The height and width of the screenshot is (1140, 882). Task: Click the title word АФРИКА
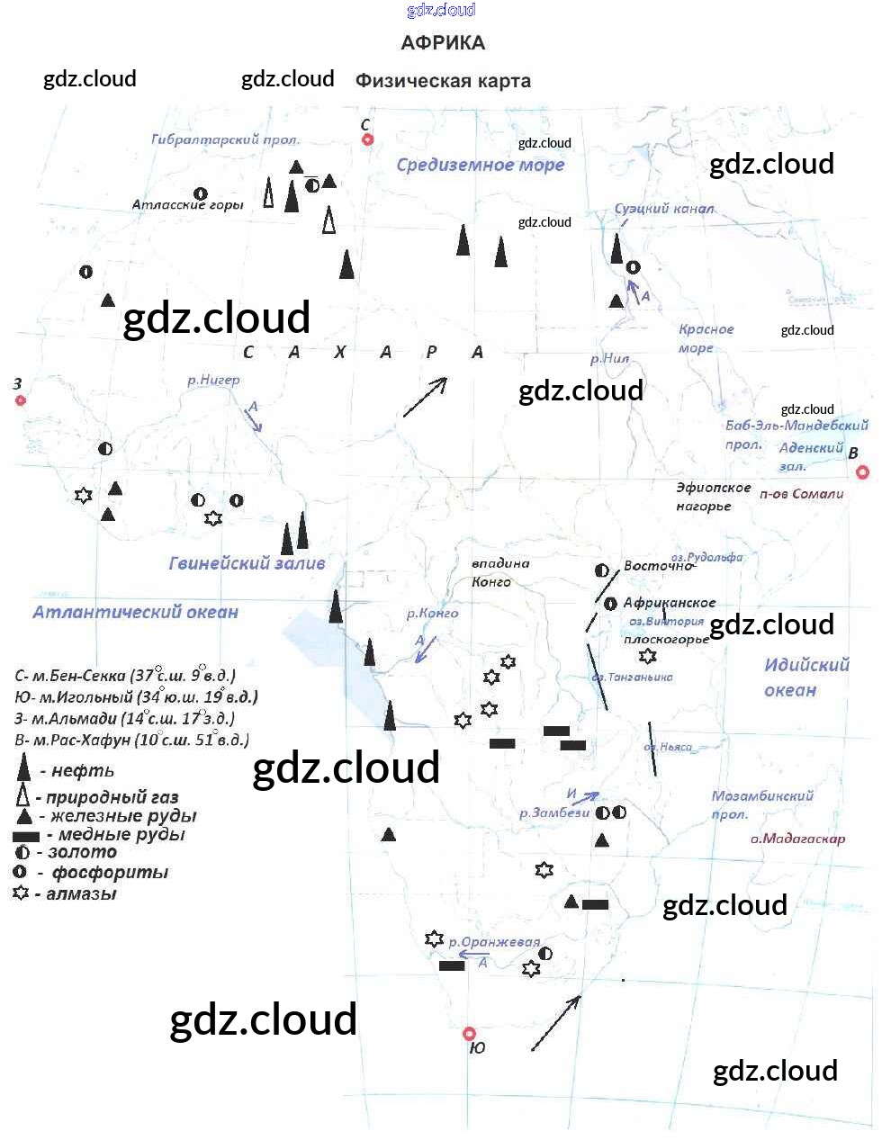tap(443, 43)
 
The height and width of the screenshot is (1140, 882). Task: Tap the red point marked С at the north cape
tap(367, 139)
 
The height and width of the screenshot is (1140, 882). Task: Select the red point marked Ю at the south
tap(469, 1034)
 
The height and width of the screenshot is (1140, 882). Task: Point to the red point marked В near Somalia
tap(862, 471)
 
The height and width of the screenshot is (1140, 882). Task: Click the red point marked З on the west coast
tap(21, 400)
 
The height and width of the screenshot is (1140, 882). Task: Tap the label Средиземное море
tap(480, 165)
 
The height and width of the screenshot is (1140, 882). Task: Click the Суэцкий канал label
tap(664, 209)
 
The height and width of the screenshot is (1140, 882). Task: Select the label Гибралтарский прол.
tap(225, 139)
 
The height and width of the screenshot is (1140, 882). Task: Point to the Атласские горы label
tap(187, 205)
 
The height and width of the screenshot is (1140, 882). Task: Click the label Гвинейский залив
tap(247, 564)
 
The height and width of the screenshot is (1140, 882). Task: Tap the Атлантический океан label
tap(135, 613)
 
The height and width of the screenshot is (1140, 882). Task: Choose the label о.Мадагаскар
tap(797, 839)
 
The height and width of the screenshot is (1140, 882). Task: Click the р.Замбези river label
tap(554, 812)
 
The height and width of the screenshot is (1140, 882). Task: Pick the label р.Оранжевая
tap(494, 943)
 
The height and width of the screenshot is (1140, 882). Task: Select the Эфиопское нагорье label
tap(713, 497)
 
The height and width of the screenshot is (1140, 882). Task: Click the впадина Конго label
tap(499, 572)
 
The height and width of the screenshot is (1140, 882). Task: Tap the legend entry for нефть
tap(82, 771)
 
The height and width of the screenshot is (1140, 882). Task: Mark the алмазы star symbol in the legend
tap(21, 893)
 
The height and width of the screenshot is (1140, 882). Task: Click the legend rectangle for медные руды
tap(25, 836)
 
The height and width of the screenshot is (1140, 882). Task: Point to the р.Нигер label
tap(213, 381)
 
